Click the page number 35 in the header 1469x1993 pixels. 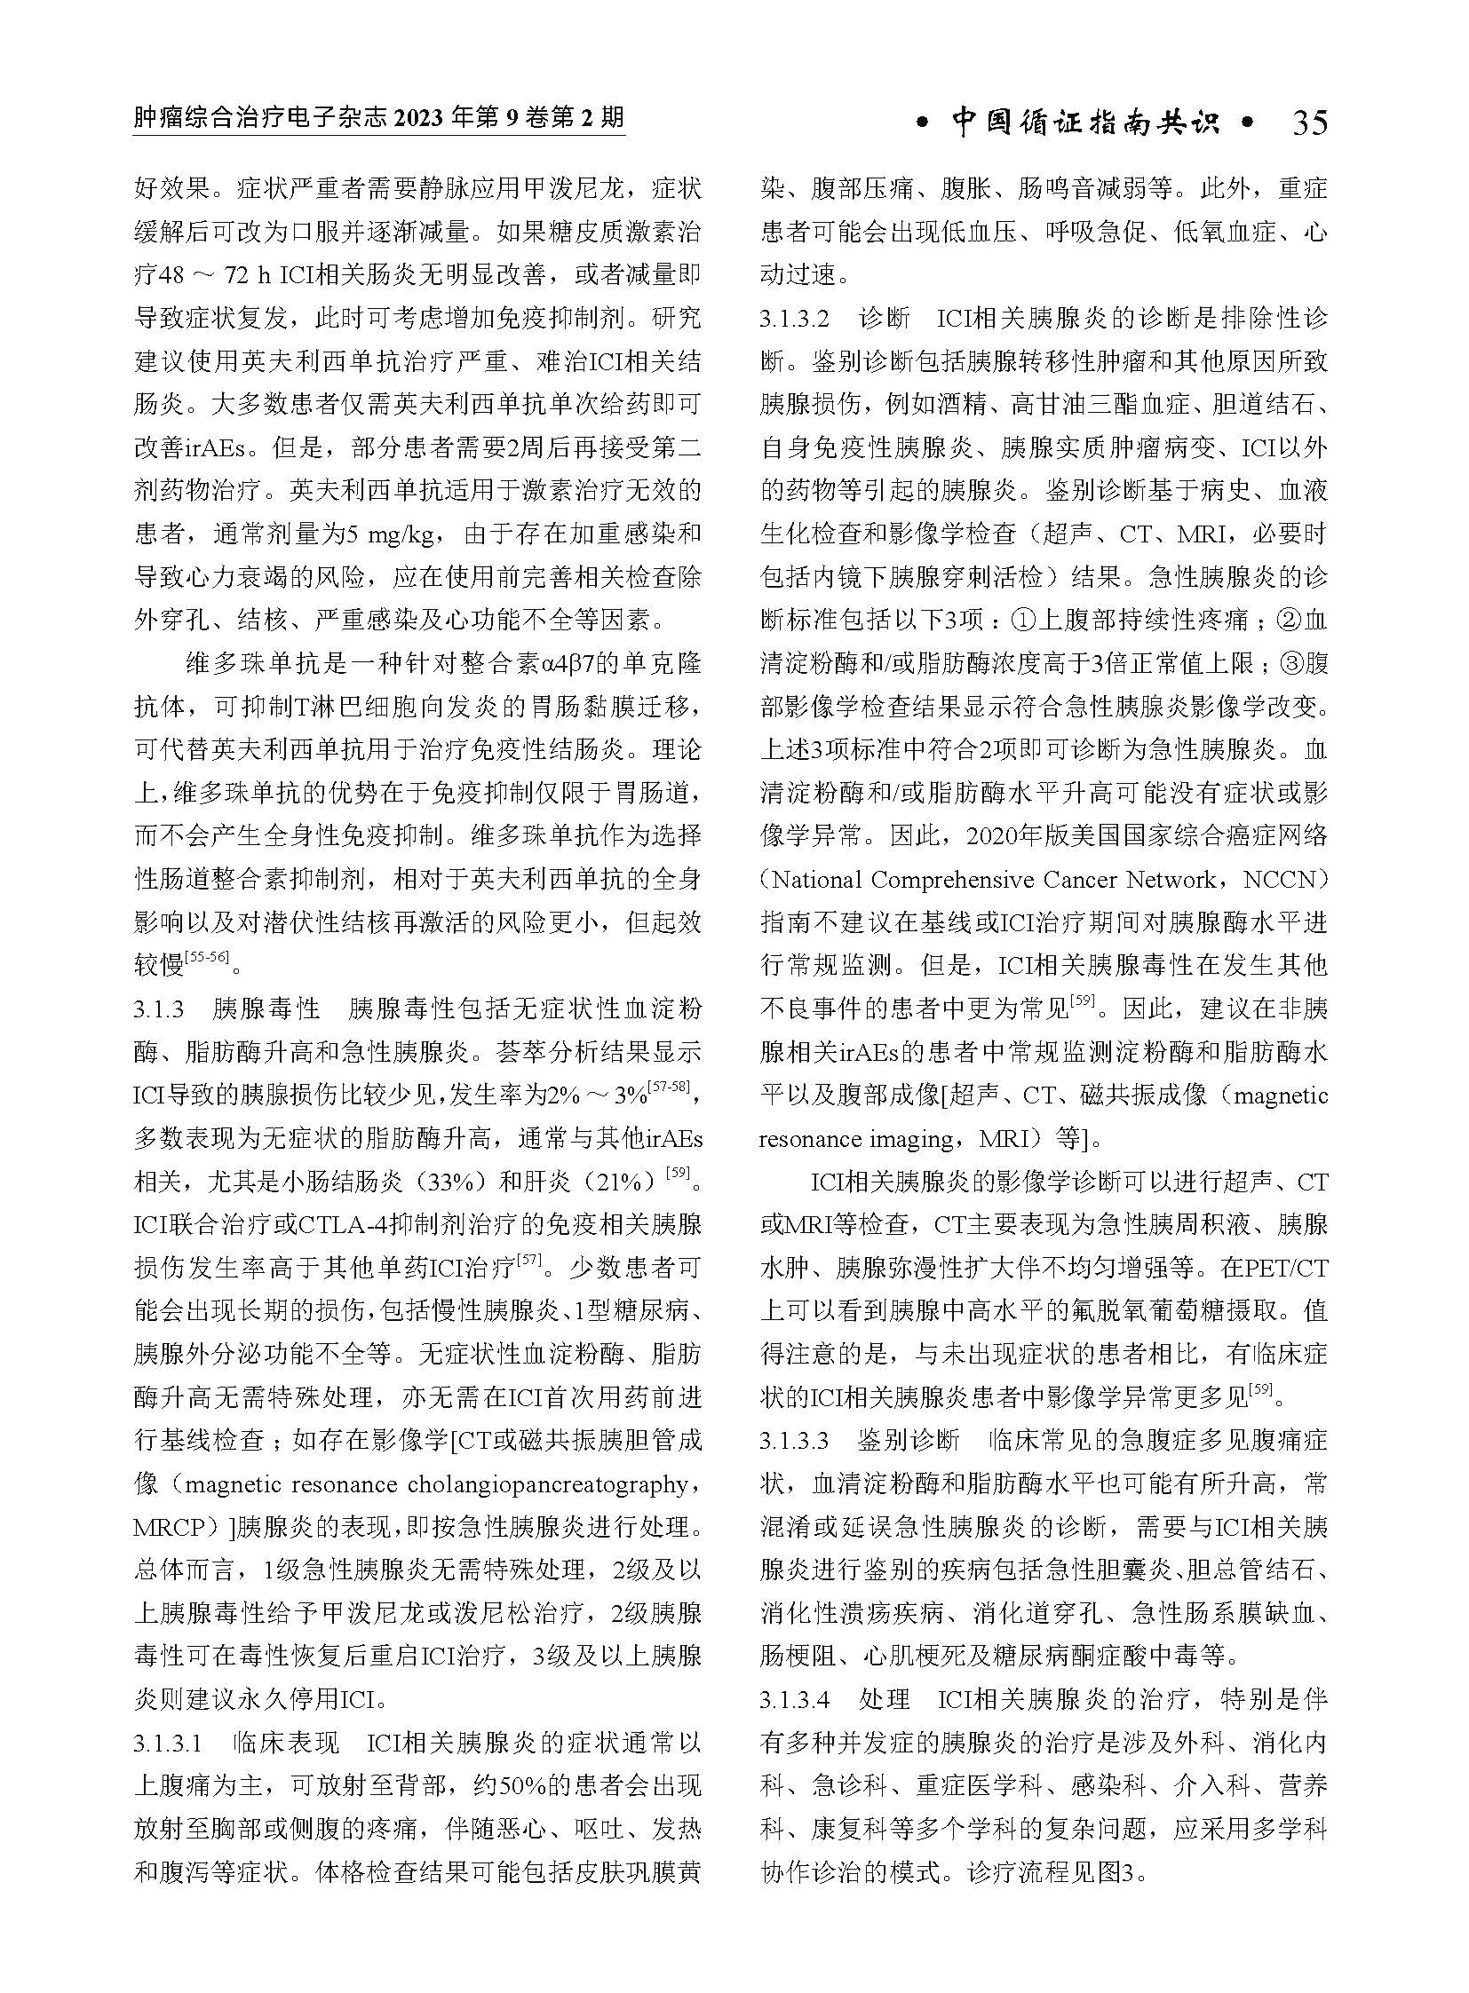pos(1309,122)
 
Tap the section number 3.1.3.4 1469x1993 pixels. pos(795,1700)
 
